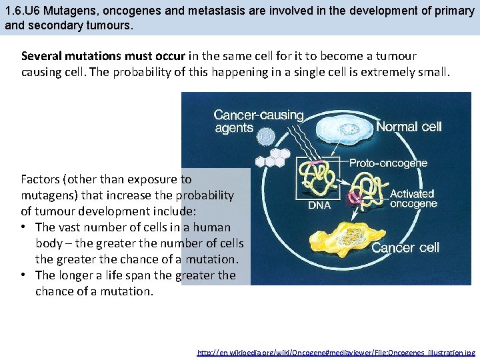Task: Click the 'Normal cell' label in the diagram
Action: (409, 127)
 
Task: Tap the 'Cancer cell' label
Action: (405, 248)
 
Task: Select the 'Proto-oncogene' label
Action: (389, 163)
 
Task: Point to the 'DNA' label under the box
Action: (319, 205)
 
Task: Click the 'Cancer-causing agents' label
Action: (258, 121)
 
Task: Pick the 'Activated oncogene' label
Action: (413, 199)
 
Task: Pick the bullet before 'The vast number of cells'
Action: (25, 227)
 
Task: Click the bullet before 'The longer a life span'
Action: (25, 275)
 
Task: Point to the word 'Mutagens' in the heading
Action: (69, 11)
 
